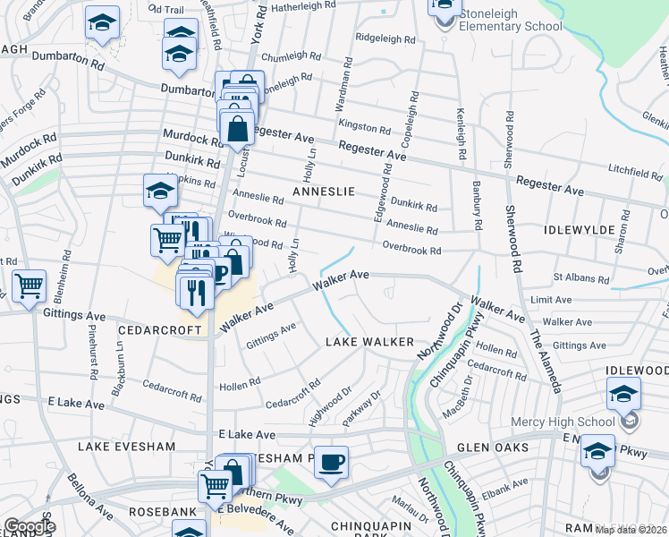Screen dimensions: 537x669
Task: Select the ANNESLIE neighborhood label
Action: click(x=324, y=192)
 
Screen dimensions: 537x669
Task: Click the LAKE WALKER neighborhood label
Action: click(x=369, y=342)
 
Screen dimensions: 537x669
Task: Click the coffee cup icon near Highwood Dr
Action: click(x=331, y=463)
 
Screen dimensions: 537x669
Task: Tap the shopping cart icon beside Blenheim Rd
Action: click(x=30, y=287)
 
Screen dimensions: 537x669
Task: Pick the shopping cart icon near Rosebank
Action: click(x=216, y=488)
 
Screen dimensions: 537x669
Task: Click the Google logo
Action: click(x=29, y=526)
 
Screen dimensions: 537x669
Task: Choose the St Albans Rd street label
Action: click(x=580, y=279)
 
